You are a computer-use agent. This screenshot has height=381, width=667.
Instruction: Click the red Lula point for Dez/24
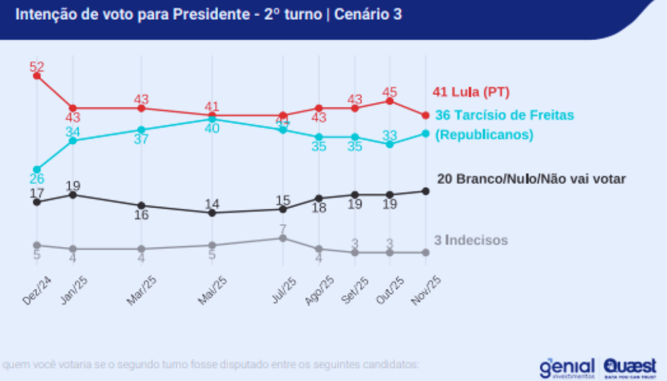tap(37, 76)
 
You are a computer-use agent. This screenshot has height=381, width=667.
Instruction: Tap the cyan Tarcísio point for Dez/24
tap(37, 169)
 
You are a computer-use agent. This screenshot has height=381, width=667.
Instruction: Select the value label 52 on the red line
tap(37, 66)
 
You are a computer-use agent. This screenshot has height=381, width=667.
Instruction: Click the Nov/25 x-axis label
tap(426, 289)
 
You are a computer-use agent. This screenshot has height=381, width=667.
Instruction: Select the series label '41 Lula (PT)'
tap(471, 93)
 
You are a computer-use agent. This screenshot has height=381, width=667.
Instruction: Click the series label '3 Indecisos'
tap(471, 240)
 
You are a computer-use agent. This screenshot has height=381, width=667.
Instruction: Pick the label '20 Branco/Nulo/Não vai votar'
tap(531, 179)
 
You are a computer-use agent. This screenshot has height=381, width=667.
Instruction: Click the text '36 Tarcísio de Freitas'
tap(505, 115)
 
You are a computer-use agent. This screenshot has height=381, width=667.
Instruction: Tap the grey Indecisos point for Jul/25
tap(283, 238)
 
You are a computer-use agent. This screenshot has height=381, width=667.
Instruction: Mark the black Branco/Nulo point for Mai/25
tap(212, 213)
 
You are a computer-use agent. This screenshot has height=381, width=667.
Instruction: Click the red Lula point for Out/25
tap(390, 101)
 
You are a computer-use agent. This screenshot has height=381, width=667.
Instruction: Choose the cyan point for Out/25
tap(390, 144)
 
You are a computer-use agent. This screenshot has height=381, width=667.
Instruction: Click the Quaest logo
tap(630, 367)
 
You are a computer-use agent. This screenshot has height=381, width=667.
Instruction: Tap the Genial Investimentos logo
tap(567, 367)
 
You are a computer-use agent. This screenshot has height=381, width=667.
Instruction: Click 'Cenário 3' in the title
tap(368, 14)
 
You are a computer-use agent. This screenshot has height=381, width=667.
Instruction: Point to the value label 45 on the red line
tap(390, 91)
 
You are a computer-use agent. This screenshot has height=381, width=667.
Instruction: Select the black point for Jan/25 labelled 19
tap(73, 195)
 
